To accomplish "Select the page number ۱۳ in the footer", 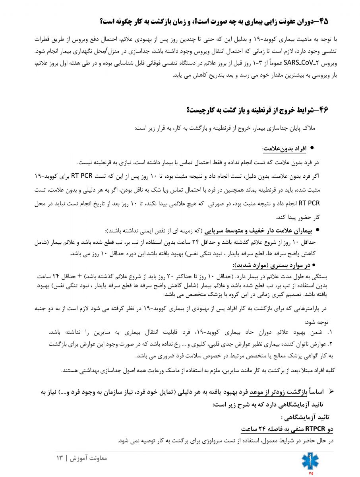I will pos(60,458).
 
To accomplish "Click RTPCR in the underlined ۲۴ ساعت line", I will pos(315,429).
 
